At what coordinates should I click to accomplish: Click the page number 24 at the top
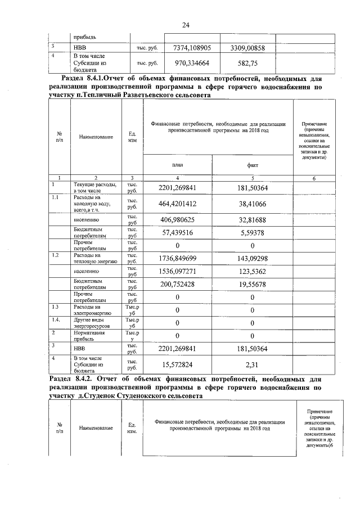coord(185,25)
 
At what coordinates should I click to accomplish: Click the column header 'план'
coord(178,166)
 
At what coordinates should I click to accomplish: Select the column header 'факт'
coord(253,166)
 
